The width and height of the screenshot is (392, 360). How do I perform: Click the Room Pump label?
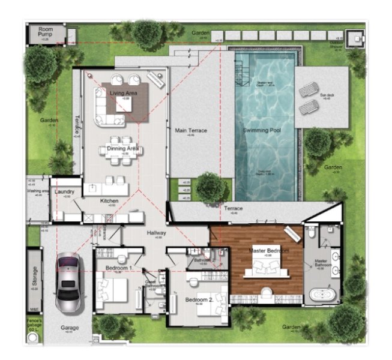click(46, 32)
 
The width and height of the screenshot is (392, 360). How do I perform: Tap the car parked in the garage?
click(69, 283)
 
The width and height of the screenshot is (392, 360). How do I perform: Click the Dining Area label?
click(122, 148)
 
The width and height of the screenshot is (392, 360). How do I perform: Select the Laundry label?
click(64, 192)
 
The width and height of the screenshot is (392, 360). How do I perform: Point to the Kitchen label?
click(109, 201)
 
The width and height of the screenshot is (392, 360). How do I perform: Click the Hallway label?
click(157, 233)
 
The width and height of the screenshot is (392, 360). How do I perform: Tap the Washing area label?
click(37, 191)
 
